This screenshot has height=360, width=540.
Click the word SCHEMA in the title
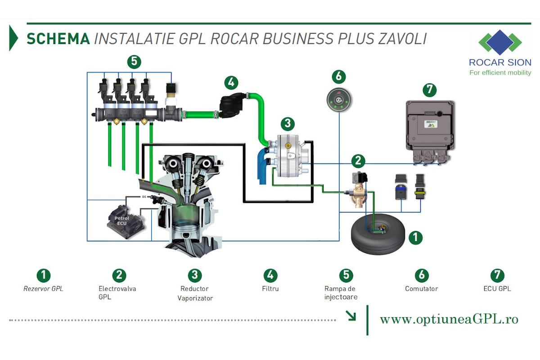point(58,39)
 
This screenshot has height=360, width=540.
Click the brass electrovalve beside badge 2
point(358,192)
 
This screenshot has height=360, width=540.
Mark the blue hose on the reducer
point(262,167)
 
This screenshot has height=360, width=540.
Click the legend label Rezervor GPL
point(43,289)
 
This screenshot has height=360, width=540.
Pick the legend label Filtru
point(270,289)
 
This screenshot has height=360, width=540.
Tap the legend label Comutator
point(421,289)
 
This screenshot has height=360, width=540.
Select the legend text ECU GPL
point(497,289)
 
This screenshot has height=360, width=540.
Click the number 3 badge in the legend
point(194,275)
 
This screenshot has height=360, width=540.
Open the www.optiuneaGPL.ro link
point(449,319)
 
